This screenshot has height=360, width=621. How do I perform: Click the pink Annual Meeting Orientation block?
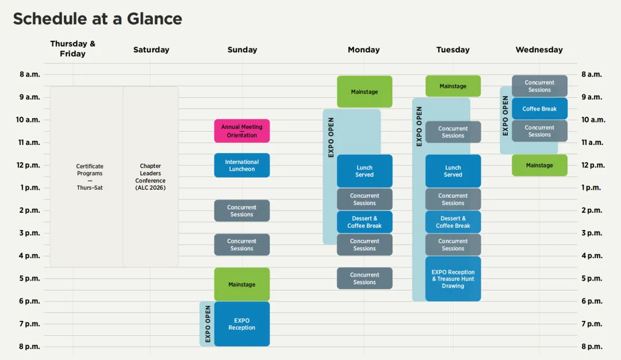click(x=242, y=131)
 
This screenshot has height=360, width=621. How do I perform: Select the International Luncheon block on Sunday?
click(x=242, y=165)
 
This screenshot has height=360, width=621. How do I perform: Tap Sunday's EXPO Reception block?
click(x=242, y=324)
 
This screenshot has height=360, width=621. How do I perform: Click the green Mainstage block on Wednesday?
click(x=539, y=165)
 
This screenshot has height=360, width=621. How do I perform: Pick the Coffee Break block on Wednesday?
click(x=539, y=109)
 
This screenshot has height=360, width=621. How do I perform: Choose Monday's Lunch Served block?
click(x=365, y=171)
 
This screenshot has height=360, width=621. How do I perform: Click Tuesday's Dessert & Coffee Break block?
click(x=453, y=222)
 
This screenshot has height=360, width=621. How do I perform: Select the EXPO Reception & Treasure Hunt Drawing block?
click(x=453, y=279)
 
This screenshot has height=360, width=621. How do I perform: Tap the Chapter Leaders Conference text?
click(x=151, y=177)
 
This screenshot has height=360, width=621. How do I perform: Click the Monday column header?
click(x=363, y=49)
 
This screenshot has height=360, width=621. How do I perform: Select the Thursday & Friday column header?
click(x=72, y=48)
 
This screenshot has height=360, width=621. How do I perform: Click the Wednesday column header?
click(x=539, y=49)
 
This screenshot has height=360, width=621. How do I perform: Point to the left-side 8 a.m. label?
click(x=30, y=74)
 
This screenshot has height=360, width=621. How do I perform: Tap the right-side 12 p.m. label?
click(x=593, y=165)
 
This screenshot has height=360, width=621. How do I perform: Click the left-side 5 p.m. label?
click(x=30, y=278)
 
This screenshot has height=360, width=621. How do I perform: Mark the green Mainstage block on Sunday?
click(x=242, y=284)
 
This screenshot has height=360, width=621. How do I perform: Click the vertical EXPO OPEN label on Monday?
click(x=331, y=137)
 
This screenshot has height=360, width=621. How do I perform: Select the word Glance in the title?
click(x=155, y=18)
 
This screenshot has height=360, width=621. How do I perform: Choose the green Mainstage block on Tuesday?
click(x=453, y=86)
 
